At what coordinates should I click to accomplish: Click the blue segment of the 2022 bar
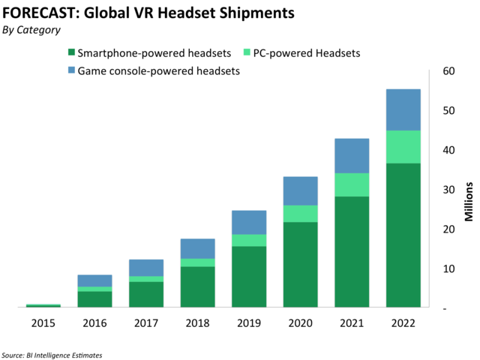pos(403,109)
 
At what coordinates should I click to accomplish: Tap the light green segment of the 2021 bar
pos(351,184)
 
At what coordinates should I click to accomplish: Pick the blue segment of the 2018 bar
pos(196,248)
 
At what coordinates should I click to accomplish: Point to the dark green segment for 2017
pos(145,294)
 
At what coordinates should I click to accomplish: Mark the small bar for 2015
pos(43,305)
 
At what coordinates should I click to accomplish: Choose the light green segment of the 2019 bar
pos(248,240)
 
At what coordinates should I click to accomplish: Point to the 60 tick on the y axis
pos(448,71)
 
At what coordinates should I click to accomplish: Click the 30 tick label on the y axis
pos(448,190)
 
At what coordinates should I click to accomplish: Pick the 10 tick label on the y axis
pos(448,268)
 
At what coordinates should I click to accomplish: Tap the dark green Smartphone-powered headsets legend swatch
pos(71,53)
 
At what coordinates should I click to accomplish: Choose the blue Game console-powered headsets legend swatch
pos(71,70)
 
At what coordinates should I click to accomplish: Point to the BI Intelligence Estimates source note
pos(52,354)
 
